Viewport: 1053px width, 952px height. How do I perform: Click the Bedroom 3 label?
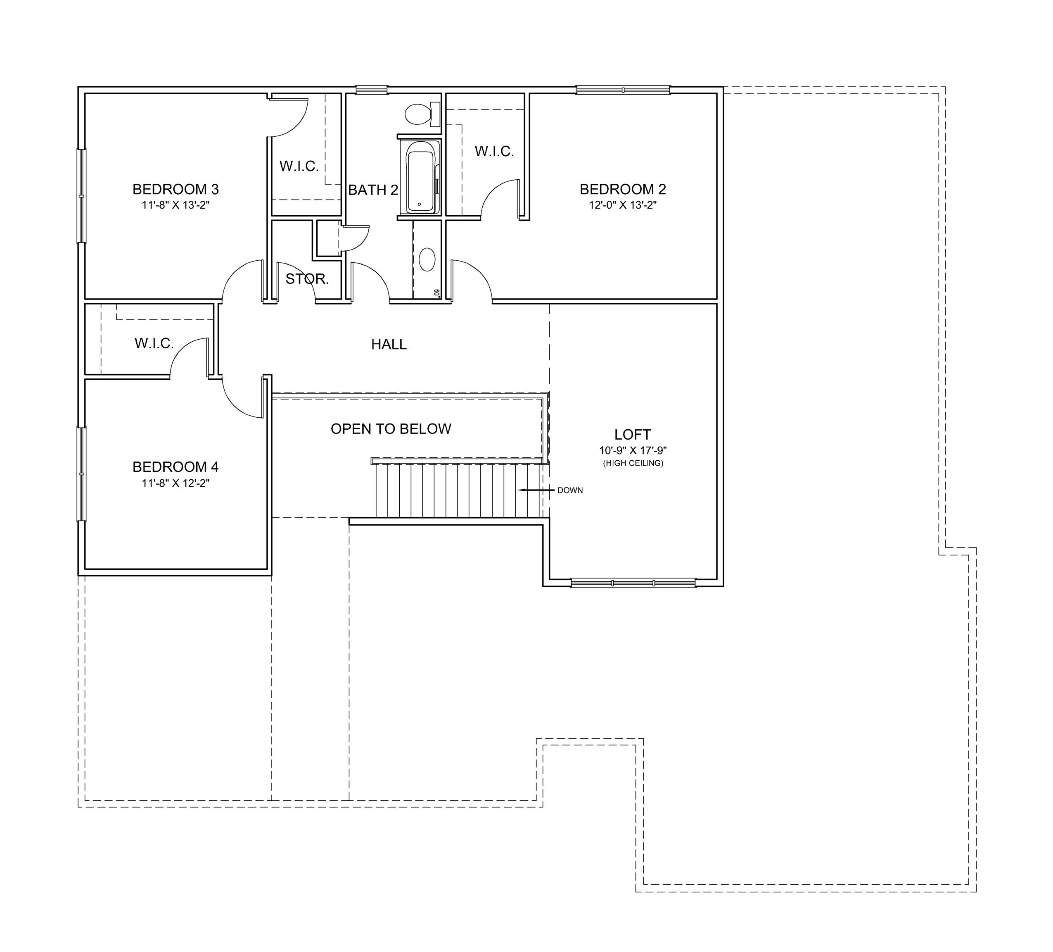click(x=175, y=189)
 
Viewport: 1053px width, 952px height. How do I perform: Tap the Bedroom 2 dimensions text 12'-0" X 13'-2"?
click(x=623, y=205)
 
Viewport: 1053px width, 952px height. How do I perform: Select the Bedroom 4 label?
click(x=175, y=466)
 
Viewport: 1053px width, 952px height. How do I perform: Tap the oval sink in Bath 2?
click(x=427, y=259)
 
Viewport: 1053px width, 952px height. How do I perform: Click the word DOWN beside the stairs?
click(x=570, y=490)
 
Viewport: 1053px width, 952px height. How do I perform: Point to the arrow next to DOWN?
click(x=536, y=490)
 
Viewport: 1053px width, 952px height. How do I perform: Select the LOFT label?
click(x=633, y=435)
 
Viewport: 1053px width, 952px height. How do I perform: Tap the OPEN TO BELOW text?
click(x=391, y=429)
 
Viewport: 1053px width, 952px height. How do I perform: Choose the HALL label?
click(x=389, y=344)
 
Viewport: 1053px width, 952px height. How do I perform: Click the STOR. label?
click(x=307, y=279)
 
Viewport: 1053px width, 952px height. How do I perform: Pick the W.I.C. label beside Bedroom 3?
click(x=299, y=166)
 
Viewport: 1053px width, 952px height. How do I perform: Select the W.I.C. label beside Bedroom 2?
click(x=494, y=152)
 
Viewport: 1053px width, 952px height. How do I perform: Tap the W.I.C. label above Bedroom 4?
click(x=154, y=343)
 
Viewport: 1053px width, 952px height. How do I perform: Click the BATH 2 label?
click(x=373, y=190)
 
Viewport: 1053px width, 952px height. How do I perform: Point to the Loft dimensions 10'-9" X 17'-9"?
click(x=633, y=450)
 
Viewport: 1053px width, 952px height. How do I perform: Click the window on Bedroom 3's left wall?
click(x=81, y=196)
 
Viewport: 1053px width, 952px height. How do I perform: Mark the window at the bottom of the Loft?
click(x=633, y=583)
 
